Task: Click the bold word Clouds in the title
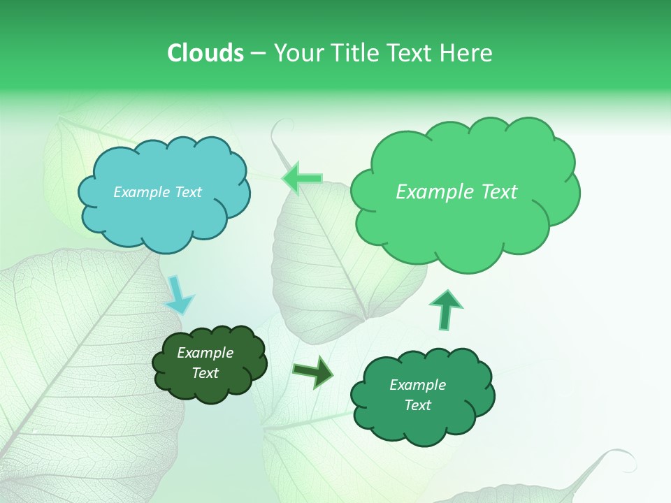pos(206,53)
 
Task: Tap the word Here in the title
pos(468,53)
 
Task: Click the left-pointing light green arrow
pos(302,179)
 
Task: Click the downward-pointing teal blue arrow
pos(179,296)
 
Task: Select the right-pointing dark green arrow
pos(314,372)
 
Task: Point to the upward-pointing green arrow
pos(445,309)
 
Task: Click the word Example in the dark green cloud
pos(205,353)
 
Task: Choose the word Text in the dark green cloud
pos(205,373)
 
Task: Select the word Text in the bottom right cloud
pos(417,405)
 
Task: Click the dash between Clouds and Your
pos(259,53)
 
